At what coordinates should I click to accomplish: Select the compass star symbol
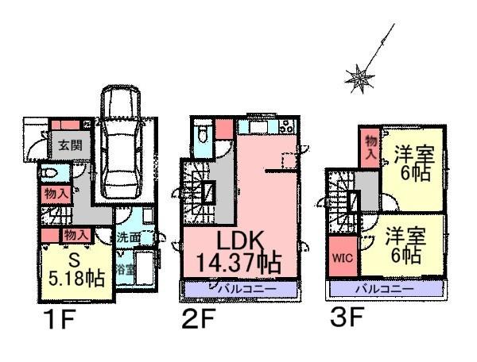(x=359, y=76)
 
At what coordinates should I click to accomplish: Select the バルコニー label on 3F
(x=385, y=289)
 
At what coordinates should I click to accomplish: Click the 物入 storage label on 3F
(x=370, y=148)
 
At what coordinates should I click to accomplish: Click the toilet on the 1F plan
(x=49, y=173)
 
